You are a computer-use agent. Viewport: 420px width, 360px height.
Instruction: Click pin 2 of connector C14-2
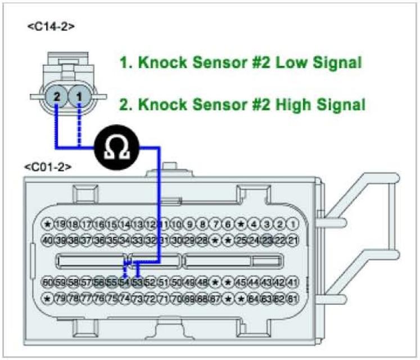coord(57,97)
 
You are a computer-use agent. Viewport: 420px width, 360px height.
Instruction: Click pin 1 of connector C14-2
coord(79,97)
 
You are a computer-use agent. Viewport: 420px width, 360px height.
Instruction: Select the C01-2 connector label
coord(48,167)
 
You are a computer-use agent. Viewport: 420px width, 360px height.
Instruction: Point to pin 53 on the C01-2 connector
coord(137,281)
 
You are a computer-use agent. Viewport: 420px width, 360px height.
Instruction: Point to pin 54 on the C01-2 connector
coord(125,281)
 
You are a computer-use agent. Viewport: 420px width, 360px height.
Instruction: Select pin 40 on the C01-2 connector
coord(48,240)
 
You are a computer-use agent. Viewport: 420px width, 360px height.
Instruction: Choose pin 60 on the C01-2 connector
coord(48,281)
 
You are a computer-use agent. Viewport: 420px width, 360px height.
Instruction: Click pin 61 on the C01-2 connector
coord(292,298)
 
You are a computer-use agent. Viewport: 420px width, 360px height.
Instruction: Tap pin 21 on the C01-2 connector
coord(292,240)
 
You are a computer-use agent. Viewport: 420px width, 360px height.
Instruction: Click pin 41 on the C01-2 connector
coord(292,281)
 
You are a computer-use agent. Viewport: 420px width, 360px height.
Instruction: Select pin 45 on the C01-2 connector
coord(241,281)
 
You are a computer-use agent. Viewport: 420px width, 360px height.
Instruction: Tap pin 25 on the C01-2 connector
coord(241,240)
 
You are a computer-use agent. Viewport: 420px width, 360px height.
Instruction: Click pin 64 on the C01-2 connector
coord(254,298)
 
